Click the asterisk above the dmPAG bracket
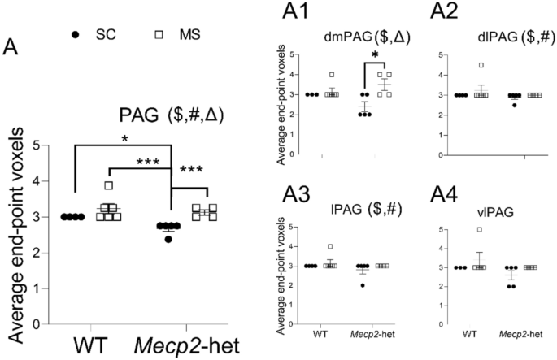coord(375,55)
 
